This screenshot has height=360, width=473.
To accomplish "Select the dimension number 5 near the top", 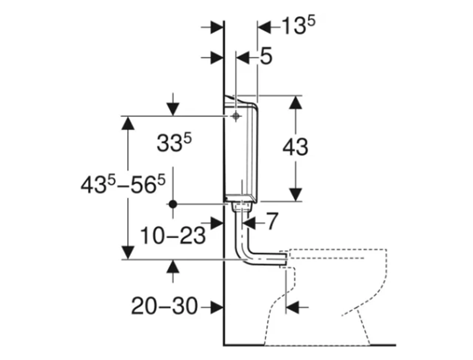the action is pos(266,56).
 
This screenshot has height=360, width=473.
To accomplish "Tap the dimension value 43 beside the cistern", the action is pos(296,147).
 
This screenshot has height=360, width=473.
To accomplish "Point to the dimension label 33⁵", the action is pos(174,143).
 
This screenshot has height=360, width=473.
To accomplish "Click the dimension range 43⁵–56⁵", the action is pos(123,185).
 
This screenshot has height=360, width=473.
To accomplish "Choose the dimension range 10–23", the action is pos(173,236).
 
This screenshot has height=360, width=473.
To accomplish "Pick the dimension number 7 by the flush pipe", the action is pos(272,221).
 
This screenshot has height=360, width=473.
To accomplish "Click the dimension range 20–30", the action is pos(164,306).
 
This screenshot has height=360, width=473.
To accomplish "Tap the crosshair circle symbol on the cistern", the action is pos(236,116).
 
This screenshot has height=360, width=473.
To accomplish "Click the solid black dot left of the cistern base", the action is pos(173,205).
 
